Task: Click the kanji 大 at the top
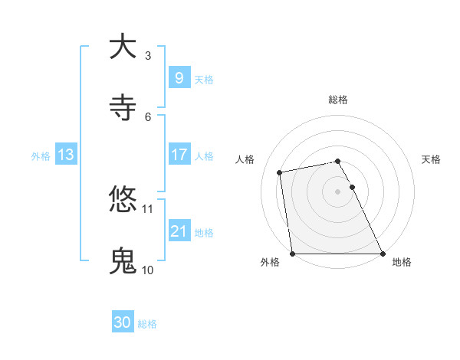click(x=123, y=47)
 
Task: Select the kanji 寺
click(x=123, y=108)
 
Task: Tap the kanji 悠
click(x=123, y=200)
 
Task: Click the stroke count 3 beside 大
click(x=148, y=55)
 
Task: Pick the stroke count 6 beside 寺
click(x=148, y=116)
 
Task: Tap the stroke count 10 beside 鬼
click(x=148, y=270)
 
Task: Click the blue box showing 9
click(x=179, y=77)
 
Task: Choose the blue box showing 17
click(x=179, y=155)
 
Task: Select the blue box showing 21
click(x=179, y=231)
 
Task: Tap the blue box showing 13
click(x=65, y=155)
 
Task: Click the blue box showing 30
click(x=123, y=322)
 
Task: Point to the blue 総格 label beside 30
click(x=148, y=324)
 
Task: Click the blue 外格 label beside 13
click(x=41, y=156)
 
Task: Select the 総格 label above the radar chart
click(x=338, y=100)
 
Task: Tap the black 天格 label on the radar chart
click(x=432, y=159)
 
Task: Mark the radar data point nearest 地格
click(x=383, y=253)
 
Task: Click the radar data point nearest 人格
click(x=281, y=172)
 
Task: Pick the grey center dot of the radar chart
click(x=338, y=191)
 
